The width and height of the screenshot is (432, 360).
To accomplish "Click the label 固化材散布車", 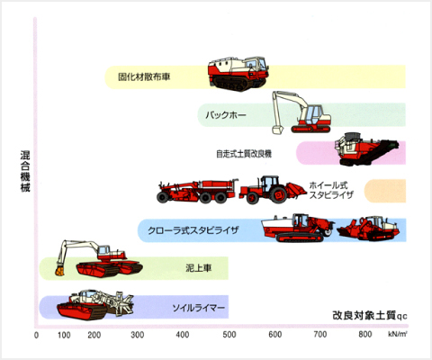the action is coord(144,76).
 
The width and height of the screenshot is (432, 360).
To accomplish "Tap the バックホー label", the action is coord(226,115).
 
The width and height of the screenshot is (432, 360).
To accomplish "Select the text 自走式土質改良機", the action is coord(244,154).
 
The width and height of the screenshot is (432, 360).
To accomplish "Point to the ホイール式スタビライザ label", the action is coord(331,190).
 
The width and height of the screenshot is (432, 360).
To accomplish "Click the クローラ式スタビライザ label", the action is coord(193,230).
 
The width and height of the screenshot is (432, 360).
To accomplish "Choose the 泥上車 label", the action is coord(199,268).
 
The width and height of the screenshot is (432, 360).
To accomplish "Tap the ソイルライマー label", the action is coord(199,308).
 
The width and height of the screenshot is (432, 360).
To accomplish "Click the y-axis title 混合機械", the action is coord(25,171).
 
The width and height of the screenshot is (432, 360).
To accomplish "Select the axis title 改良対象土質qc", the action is coord(370,316).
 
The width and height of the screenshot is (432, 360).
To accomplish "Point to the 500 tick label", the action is coord(229,335).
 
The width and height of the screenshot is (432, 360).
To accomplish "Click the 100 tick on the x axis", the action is coord(64,335).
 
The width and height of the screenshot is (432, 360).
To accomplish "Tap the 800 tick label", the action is coord(365,334).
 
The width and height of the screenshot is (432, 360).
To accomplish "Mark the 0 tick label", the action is coord(36,335).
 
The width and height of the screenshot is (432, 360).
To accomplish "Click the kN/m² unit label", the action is coord(398,334).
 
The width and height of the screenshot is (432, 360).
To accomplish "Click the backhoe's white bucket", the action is coord(277,130).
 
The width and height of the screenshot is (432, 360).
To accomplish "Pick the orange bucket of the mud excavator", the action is coord(60,271).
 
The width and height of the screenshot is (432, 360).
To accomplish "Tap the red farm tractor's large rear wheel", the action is coord(278,194).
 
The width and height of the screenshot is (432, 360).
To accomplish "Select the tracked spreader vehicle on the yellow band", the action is coord(238,73).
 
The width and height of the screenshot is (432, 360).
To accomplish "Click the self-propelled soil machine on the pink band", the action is coord(366,148).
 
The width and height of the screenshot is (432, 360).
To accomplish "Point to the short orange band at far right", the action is coord(385,191).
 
